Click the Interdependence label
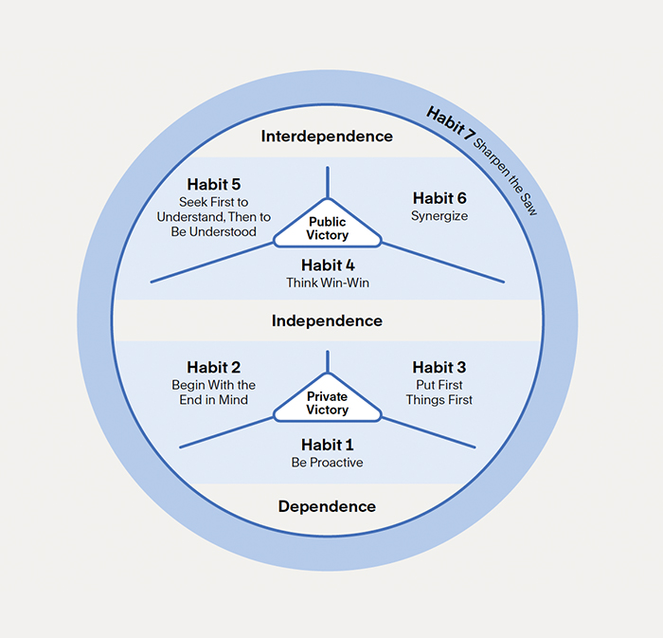[327, 137]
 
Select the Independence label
[327, 320]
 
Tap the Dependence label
[327, 506]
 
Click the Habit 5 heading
[214, 184]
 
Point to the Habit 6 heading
[439, 198]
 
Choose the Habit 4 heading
[327, 264]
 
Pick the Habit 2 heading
[213, 367]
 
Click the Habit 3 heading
[439, 367]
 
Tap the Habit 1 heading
[327, 444]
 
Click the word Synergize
[439, 216]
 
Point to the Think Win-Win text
[327, 283]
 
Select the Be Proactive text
[327, 463]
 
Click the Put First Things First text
[439, 392]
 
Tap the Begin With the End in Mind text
[213, 392]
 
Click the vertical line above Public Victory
[328, 181]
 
